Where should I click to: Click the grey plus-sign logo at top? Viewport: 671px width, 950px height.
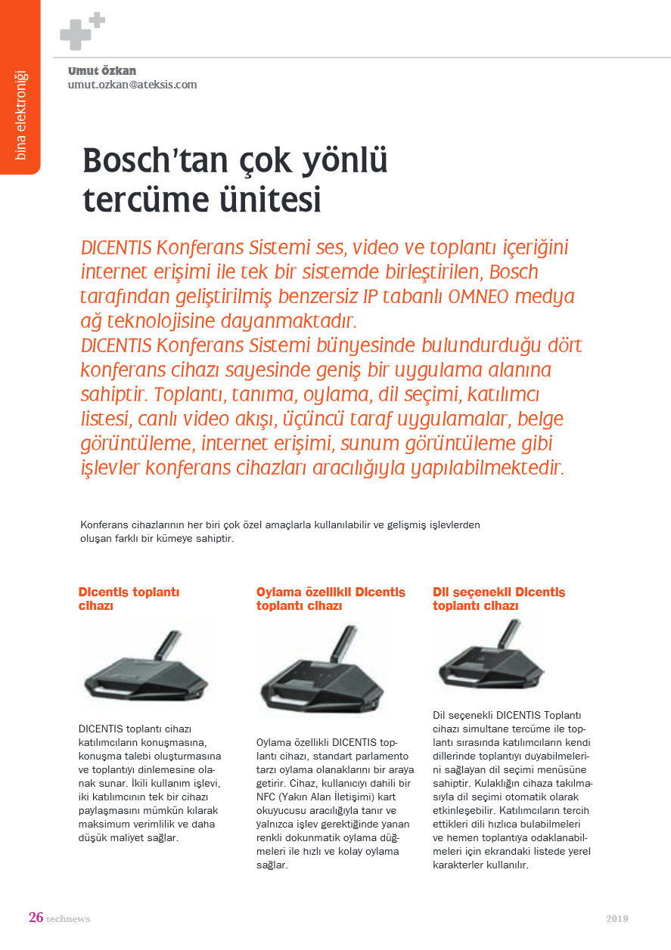tap(81, 30)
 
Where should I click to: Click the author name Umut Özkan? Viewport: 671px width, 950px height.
tap(102, 71)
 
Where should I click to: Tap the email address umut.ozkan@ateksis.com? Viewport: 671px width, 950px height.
tap(132, 85)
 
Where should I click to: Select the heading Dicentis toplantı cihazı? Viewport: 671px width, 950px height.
tap(129, 599)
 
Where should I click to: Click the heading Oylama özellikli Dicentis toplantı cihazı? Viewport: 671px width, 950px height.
tap(331, 599)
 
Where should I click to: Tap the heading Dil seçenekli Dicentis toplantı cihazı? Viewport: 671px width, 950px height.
tap(499, 599)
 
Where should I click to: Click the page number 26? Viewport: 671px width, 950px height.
tap(36, 918)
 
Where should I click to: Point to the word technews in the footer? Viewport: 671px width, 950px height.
tap(68, 919)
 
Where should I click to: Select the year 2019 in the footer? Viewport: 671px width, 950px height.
tap(617, 919)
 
